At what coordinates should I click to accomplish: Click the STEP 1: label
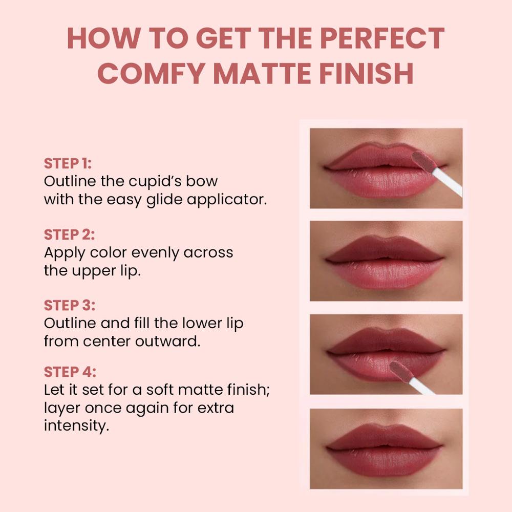[68, 164]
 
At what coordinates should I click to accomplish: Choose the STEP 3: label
[69, 305]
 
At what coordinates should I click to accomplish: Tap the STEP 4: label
[70, 372]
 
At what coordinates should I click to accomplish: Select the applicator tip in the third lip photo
[400, 371]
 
